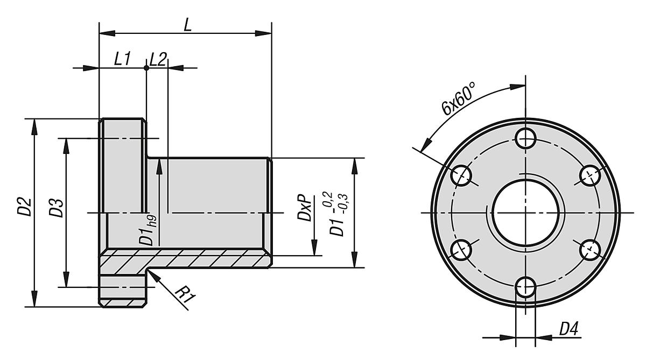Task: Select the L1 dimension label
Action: (x=122, y=60)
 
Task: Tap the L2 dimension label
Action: (x=157, y=60)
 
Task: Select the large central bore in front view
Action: (x=525, y=212)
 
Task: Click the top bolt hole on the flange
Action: (x=525, y=138)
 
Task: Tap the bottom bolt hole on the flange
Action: (x=525, y=286)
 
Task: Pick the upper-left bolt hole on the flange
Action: (x=461, y=175)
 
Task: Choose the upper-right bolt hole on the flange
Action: (x=589, y=175)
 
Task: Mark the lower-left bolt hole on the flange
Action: (x=461, y=249)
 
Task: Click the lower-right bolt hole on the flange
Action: (x=589, y=249)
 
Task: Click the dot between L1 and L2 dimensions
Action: (x=146, y=68)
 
